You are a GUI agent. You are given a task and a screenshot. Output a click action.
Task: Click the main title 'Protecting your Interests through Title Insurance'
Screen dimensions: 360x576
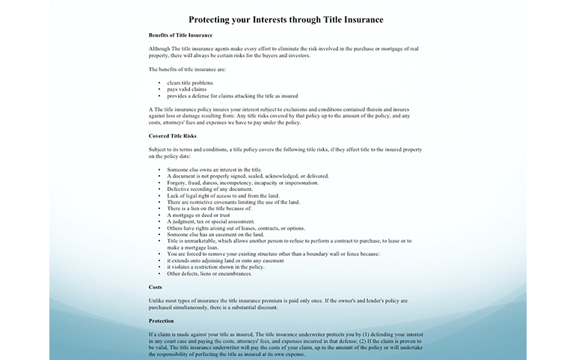[x=287, y=19]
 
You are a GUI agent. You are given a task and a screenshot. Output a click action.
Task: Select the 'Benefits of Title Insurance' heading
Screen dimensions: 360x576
[x=180, y=35]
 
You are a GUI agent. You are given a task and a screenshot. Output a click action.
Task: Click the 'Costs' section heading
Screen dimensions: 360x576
[x=156, y=287]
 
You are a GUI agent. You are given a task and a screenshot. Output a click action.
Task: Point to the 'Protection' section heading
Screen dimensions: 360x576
[x=162, y=320]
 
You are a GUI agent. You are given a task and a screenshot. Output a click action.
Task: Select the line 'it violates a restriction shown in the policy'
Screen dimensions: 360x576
[x=215, y=266]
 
